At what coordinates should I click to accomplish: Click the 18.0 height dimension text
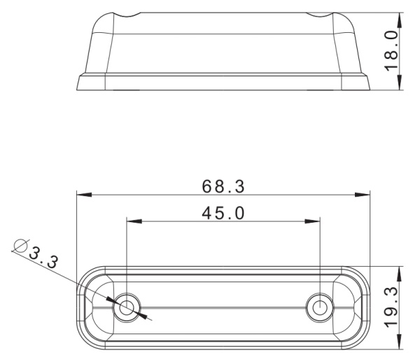pyautogui.click(x=391, y=51)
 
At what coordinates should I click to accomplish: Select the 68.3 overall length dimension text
pyautogui.click(x=223, y=186)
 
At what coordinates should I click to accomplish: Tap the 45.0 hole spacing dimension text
pyautogui.click(x=223, y=213)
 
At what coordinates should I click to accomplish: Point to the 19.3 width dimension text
pyautogui.click(x=391, y=307)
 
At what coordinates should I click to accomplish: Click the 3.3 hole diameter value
pyautogui.click(x=43, y=257)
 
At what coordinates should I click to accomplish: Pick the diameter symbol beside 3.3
pyautogui.click(x=20, y=245)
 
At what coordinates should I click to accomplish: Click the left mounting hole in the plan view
pyautogui.click(x=127, y=307)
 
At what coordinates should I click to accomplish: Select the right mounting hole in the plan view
pyautogui.click(x=320, y=307)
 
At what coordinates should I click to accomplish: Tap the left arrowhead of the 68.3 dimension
pyautogui.click(x=84, y=195)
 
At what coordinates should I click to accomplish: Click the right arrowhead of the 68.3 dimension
pyautogui.click(x=362, y=195)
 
